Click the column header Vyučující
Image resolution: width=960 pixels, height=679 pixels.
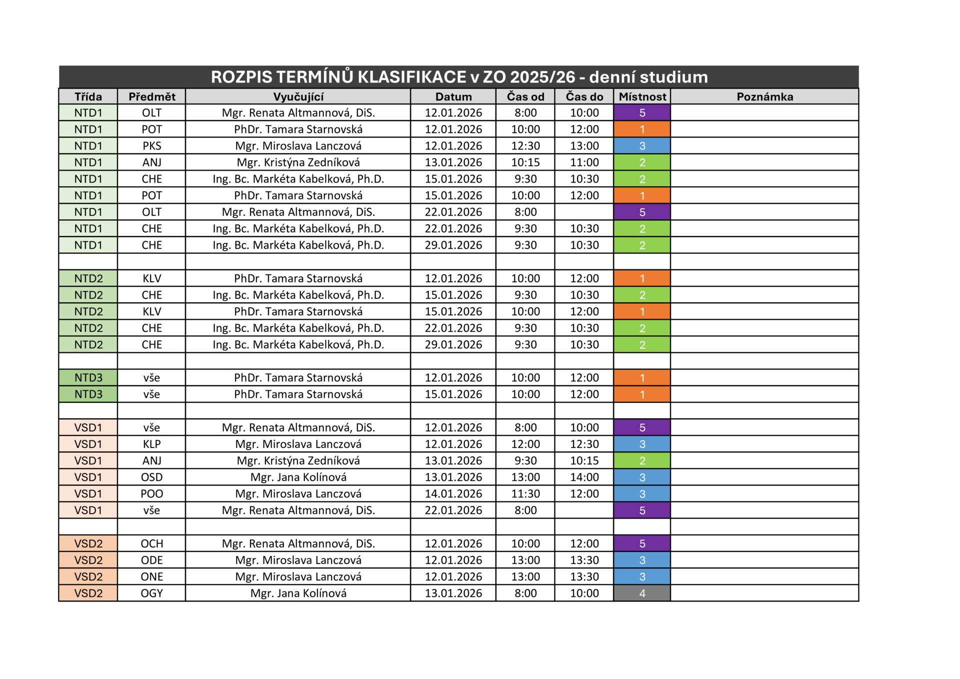point(298,97)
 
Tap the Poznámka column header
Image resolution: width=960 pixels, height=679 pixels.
point(764,97)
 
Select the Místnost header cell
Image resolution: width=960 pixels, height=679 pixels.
point(642,97)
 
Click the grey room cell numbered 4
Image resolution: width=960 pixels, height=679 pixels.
point(642,593)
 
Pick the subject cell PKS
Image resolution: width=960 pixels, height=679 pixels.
point(151,146)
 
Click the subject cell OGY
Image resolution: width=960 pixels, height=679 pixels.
point(151,593)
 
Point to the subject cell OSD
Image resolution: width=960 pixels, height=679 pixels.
point(151,477)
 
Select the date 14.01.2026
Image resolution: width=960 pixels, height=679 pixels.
point(453,494)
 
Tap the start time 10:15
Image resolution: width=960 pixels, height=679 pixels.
point(525,162)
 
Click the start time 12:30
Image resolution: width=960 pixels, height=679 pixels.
point(525,146)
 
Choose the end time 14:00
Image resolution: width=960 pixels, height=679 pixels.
point(584,477)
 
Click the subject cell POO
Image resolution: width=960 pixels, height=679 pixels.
point(151,494)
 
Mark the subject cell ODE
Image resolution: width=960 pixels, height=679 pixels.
point(151,560)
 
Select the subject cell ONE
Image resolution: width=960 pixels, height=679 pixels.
point(151,577)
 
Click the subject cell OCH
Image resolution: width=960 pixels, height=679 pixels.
point(151,544)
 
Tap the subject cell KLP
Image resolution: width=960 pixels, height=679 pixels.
point(151,444)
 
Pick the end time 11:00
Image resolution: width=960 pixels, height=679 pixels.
point(584,162)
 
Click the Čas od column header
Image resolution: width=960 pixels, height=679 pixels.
point(525,97)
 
